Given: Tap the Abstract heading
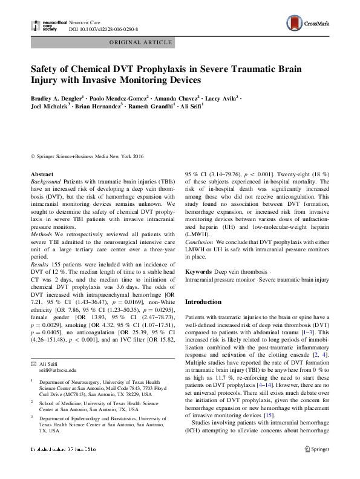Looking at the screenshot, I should pyautogui.click(x=42, y=174).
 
